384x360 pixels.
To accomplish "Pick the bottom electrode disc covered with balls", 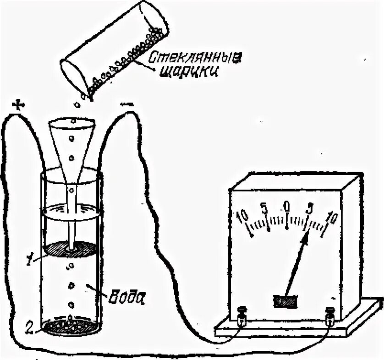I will coord(71,326).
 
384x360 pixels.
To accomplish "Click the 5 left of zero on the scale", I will coord(264,208).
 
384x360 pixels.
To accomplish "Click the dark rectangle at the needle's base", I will coord(285,300).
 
